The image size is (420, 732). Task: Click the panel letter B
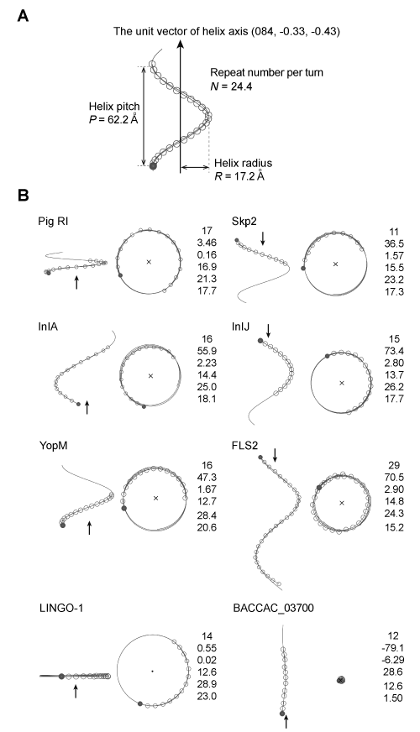(23, 195)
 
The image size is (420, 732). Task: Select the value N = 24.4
(231, 86)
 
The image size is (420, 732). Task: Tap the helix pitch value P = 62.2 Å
(114, 119)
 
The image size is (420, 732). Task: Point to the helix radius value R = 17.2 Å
(239, 176)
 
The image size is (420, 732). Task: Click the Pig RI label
(53, 222)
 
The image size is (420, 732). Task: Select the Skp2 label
(244, 222)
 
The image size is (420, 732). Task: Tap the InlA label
(48, 327)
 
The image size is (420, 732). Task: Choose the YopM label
(54, 446)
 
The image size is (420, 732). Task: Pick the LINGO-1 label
(61, 608)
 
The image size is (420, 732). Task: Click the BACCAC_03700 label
(273, 608)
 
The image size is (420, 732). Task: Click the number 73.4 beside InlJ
(394, 351)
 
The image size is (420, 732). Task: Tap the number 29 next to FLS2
(394, 465)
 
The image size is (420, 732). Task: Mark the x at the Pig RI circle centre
(149, 262)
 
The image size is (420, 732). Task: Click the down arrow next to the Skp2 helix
(263, 238)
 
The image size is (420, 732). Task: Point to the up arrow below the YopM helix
(89, 528)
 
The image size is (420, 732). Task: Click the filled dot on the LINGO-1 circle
(140, 703)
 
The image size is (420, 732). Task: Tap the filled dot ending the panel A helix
(153, 165)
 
